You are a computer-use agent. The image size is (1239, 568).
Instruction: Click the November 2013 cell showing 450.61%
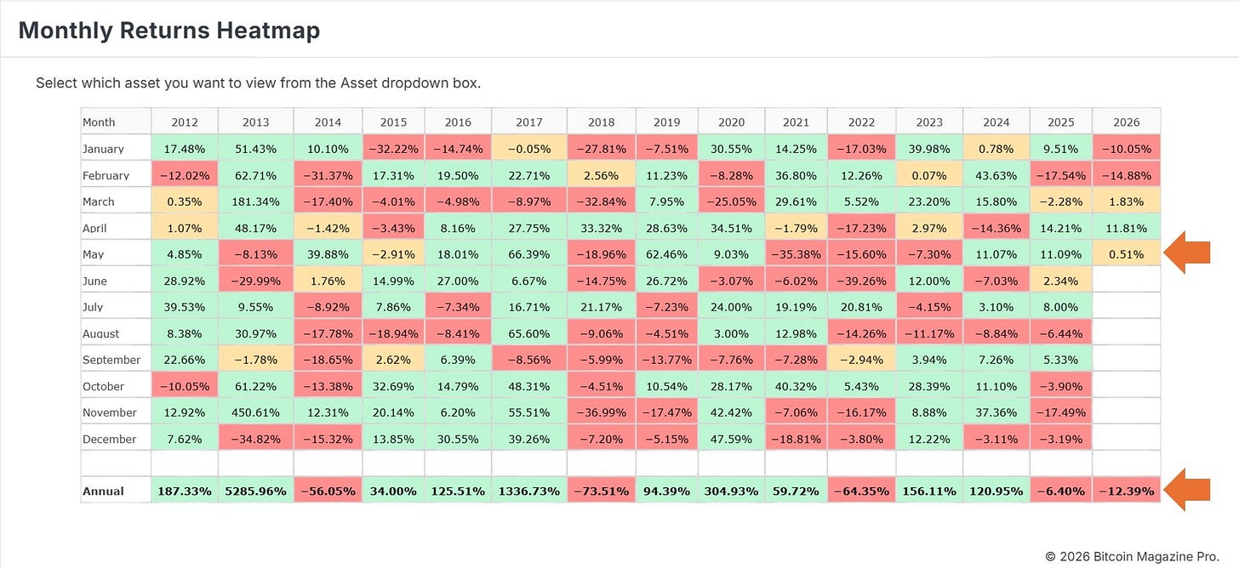[255, 412]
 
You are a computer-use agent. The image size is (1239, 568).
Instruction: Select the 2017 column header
[528, 122]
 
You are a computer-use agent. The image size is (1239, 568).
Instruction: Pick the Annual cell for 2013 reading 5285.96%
[255, 491]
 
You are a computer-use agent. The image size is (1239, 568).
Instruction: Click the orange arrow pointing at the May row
[1187, 253]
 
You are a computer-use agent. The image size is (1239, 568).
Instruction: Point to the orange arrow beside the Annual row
[1187, 490]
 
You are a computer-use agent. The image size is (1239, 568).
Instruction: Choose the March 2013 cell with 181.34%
[255, 202]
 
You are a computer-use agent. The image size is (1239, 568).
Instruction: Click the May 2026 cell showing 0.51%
[1126, 254]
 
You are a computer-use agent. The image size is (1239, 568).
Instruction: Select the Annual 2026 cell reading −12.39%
[1126, 491]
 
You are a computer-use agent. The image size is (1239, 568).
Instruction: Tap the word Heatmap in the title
[268, 31]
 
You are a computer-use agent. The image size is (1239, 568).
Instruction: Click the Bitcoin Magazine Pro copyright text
[1133, 556]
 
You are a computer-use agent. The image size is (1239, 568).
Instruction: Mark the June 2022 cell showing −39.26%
[861, 281]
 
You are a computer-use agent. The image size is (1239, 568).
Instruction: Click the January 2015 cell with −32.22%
[393, 149]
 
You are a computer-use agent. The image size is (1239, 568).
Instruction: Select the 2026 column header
[1126, 122]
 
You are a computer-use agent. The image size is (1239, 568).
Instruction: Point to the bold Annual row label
[104, 491]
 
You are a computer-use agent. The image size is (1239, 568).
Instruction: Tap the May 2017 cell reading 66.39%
[528, 254]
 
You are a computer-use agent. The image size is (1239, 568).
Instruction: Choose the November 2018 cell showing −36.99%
[602, 412]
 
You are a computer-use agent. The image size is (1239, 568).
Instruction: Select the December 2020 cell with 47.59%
[731, 439]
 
